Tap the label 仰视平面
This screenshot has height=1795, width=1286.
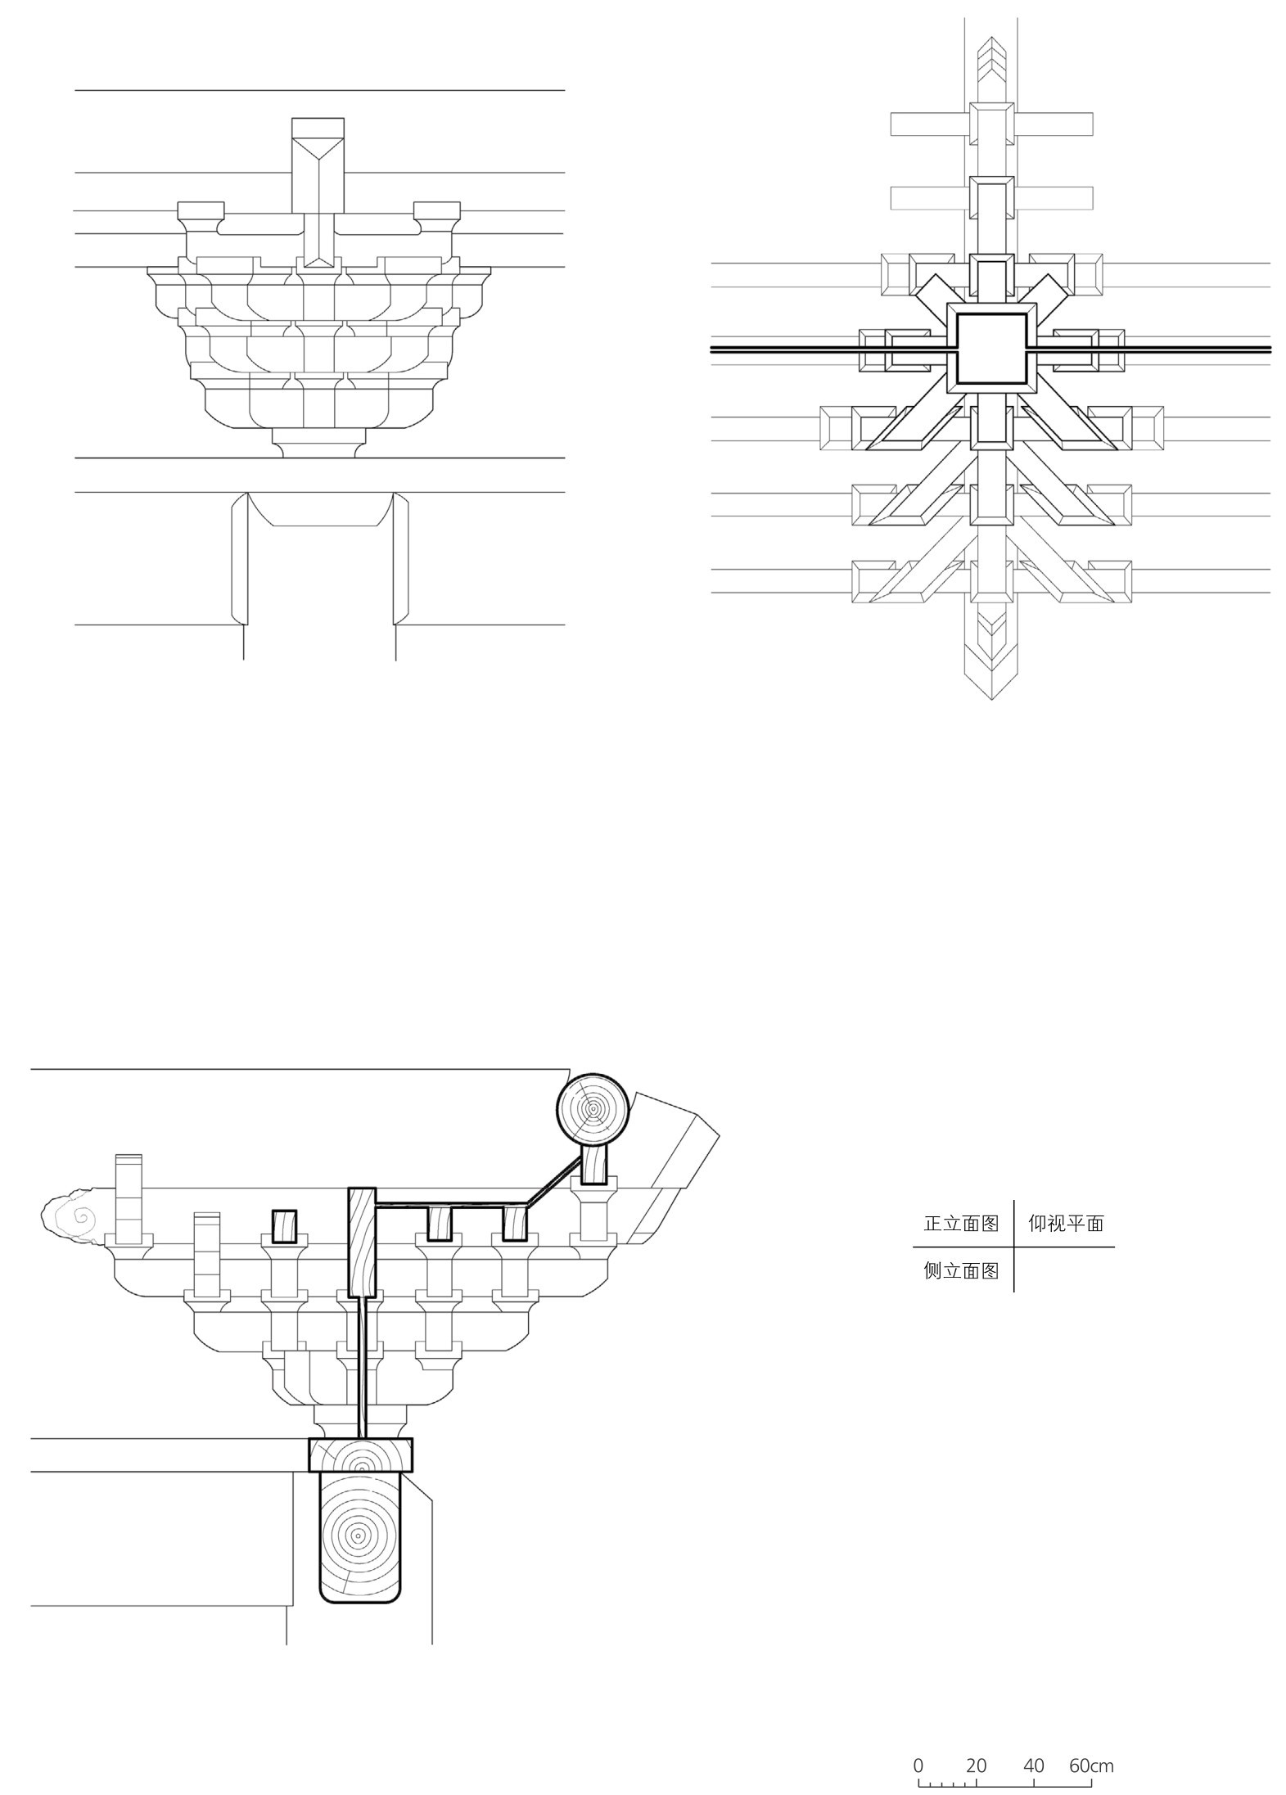click(1065, 1224)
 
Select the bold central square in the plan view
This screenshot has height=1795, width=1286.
click(991, 349)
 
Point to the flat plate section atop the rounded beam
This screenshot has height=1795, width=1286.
click(359, 1454)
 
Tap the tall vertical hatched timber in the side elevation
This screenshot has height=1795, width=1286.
click(362, 1242)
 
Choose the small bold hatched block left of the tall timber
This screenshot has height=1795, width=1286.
click(283, 1226)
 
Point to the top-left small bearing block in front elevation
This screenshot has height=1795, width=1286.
click(201, 215)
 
